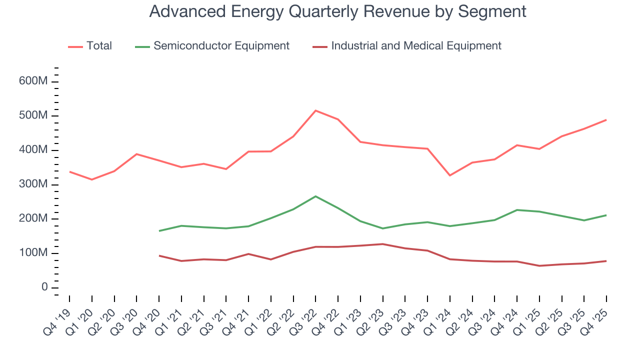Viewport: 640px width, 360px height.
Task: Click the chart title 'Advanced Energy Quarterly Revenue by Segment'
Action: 337,11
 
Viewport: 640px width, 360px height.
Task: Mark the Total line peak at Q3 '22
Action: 315,110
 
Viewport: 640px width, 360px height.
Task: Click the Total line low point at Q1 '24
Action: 450,175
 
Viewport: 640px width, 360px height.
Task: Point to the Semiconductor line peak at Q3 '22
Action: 315,196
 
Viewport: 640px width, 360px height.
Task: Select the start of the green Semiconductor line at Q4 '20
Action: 159,231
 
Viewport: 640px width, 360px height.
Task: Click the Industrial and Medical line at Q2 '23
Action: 382,244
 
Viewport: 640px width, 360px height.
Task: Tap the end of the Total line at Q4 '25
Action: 606,120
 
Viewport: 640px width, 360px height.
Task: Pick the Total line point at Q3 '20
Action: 136,154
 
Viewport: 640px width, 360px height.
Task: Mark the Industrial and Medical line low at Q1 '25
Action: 539,265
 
